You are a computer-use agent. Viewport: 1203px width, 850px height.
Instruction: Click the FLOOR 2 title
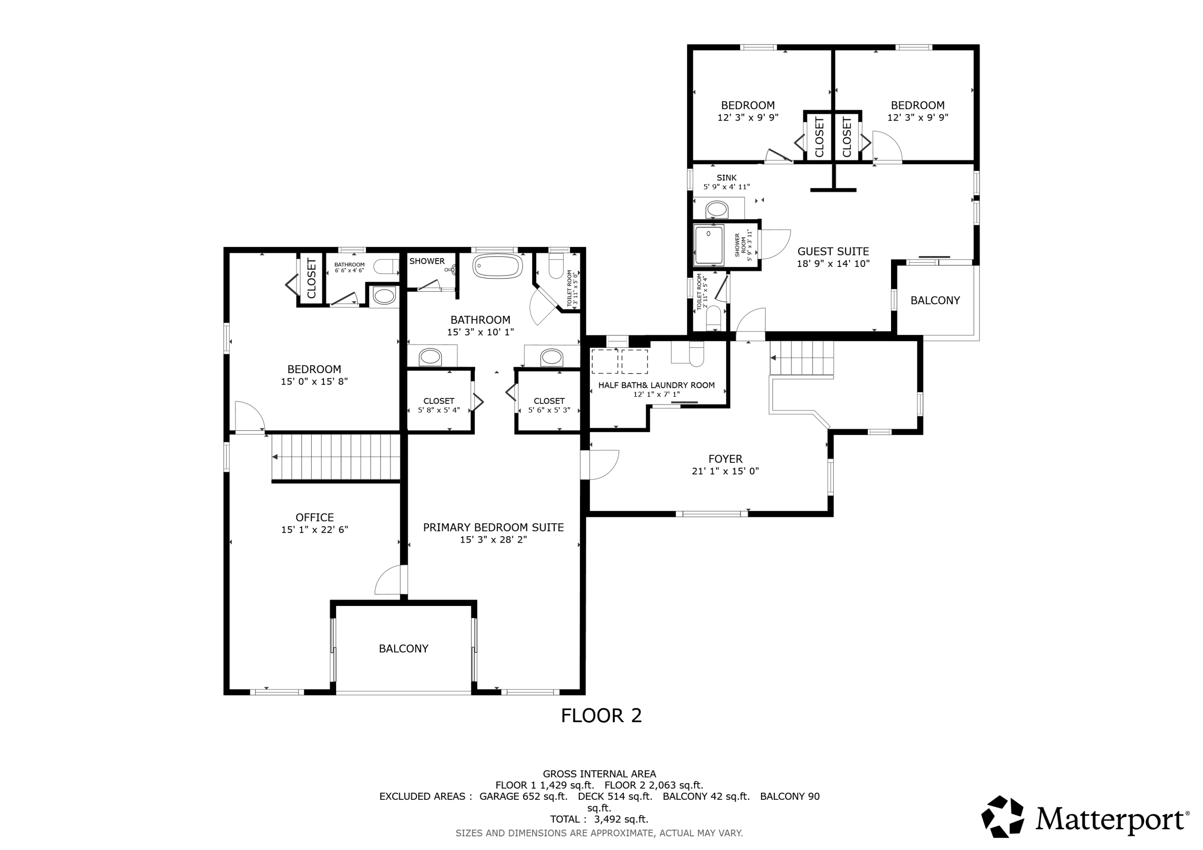click(x=601, y=715)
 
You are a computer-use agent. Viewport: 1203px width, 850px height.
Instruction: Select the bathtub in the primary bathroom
click(x=498, y=266)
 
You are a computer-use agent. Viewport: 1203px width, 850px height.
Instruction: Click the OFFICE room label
click(x=314, y=517)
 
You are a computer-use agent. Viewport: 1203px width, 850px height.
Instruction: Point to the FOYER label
click(x=725, y=459)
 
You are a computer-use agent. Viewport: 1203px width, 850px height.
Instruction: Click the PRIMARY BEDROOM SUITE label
click(x=494, y=527)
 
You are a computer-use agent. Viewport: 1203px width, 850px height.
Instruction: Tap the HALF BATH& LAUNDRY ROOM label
click(x=656, y=386)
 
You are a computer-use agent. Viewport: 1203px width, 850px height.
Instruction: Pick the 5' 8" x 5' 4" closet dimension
click(x=439, y=410)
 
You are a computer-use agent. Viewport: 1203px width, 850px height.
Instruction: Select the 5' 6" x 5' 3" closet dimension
click(x=549, y=410)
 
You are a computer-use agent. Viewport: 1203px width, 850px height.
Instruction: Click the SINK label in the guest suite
click(x=727, y=178)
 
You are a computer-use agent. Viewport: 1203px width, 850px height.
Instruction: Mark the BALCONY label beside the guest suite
click(x=935, y=301)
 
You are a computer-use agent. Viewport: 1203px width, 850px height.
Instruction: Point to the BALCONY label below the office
click(x=403, y=649)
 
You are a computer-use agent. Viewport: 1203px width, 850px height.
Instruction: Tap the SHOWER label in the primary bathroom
click(x=427, y=261)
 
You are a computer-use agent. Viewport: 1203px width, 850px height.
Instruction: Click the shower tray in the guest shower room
click(x=709, y=245)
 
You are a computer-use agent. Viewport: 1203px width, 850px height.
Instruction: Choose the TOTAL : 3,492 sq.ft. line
click(x=599, y=819)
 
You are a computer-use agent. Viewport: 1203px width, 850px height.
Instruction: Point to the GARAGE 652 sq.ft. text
click(x=523, y=797)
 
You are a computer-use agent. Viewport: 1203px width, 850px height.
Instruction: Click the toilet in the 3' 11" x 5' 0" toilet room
click(x=556, y=267)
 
